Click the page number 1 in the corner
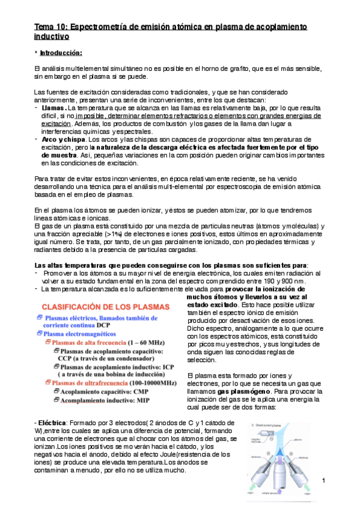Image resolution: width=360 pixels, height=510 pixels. tap(324, 480)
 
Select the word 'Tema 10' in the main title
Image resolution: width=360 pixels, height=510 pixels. tap(50, 27)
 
